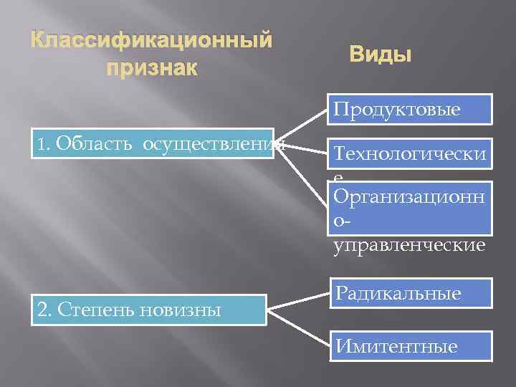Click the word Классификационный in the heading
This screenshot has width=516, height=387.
152,40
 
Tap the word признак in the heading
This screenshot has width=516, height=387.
151,70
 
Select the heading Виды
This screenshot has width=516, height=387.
380,54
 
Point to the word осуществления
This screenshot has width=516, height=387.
211,144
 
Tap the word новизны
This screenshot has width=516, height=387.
186,310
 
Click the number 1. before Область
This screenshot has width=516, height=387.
44,145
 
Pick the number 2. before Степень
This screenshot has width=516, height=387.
44,310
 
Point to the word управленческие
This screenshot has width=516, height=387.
409,245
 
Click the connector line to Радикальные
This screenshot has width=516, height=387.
299,300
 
